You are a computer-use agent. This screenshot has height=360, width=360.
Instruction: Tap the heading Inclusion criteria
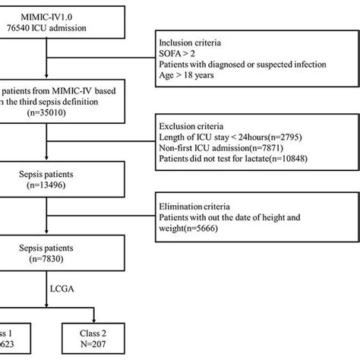(192, 42)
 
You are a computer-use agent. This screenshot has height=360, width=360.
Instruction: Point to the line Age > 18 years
(191, 77)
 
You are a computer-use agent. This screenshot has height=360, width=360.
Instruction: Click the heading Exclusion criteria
(194, 124)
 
